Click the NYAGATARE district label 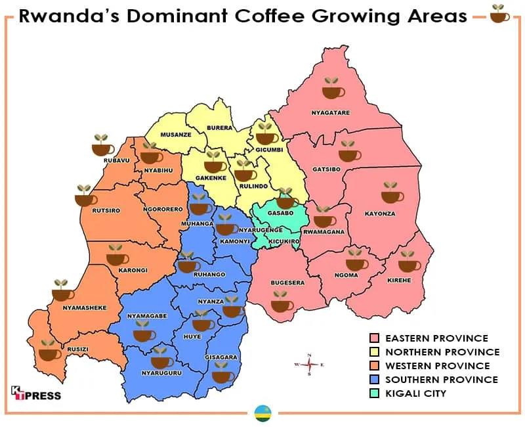pos(330,113)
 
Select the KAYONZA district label pos(380,214)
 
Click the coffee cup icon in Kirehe pos(409,261)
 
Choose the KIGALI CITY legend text pos(415,393)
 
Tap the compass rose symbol pos(310,365)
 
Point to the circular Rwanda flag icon pos(262,413)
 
